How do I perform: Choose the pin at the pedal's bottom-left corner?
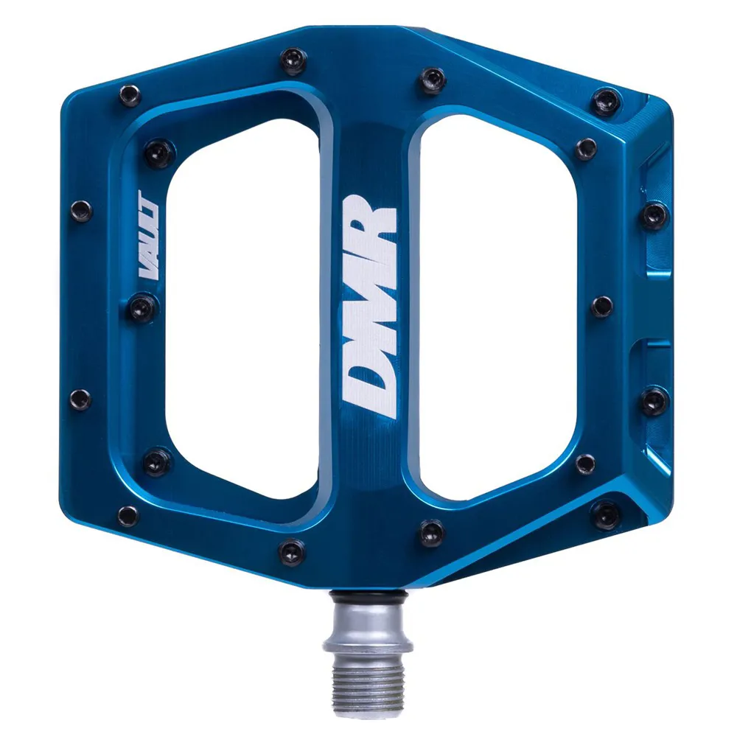click(128, 516)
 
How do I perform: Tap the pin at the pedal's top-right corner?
click(607, 100)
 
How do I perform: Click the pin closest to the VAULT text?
click(143, 307)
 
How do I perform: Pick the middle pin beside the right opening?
click(601, 306)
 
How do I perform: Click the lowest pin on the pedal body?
click(292, 551)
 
